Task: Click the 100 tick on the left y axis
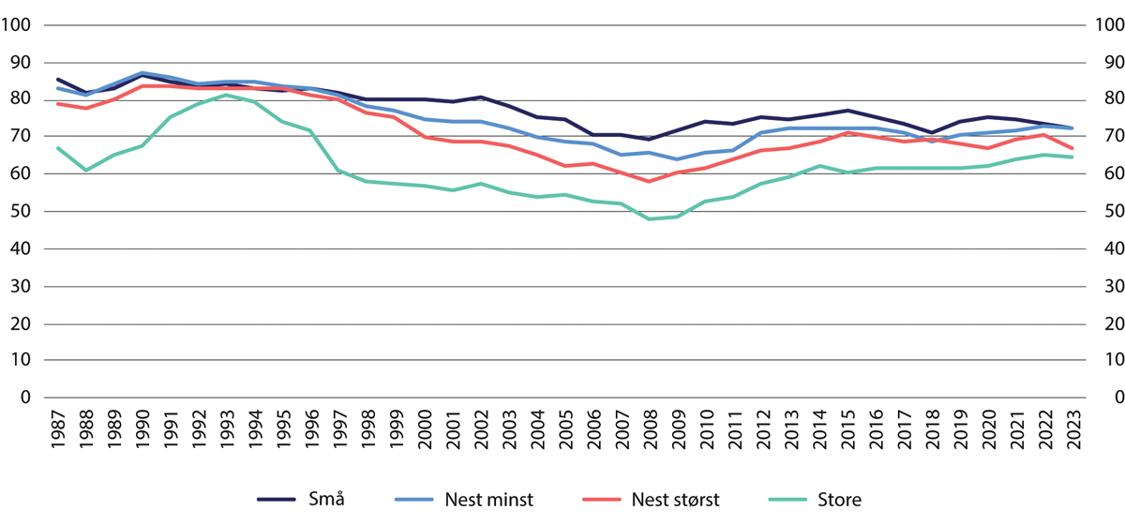click(19, 24)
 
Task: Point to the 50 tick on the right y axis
click(1103, 211)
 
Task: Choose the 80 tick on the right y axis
click(1103, 99)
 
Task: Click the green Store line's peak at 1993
click(226, 95)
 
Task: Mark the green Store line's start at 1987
click(57, 147)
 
